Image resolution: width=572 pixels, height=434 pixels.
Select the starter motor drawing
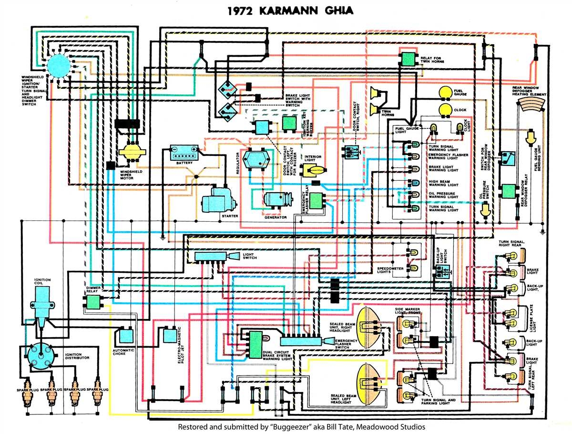(x=217, y=200)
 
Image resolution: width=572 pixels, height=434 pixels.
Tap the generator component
(x=276, y=200)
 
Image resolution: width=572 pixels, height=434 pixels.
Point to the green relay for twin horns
(x=408, y=59)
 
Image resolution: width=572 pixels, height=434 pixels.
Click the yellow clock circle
(x=446, y=110)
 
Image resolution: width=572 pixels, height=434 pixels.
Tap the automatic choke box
(x=126, y=335)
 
